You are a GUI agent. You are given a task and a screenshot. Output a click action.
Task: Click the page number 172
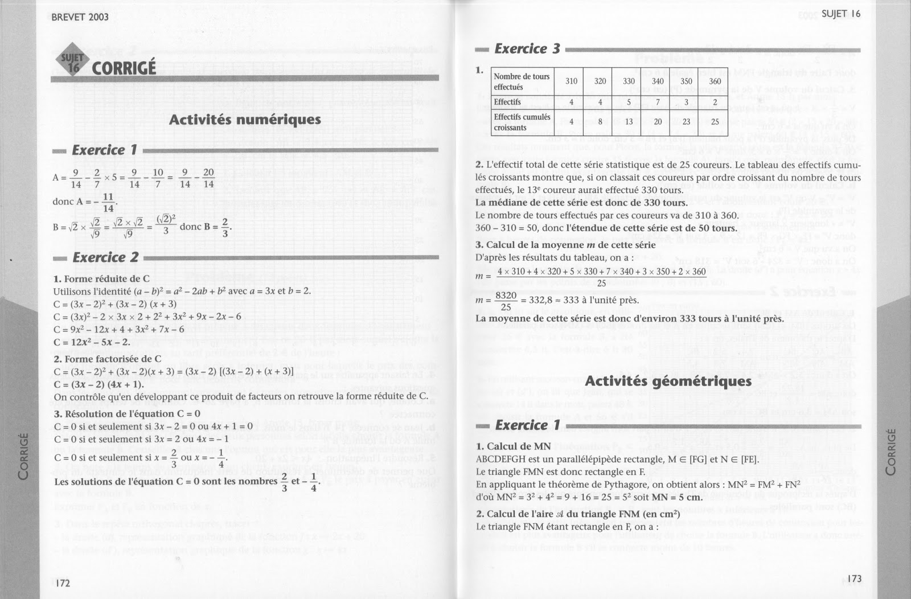(62, 583)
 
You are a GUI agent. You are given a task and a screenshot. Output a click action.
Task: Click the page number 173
(854, 579)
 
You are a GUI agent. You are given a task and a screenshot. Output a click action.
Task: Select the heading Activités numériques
(245, 120)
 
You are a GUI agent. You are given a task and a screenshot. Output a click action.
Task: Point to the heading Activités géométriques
(668, 381)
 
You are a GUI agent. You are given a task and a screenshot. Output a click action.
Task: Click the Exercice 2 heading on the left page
(105, 257)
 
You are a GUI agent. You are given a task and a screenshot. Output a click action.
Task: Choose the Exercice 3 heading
(527, 49)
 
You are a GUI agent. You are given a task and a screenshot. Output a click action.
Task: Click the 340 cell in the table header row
(658, 81)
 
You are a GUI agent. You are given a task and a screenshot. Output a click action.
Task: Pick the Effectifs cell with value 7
(658, 102)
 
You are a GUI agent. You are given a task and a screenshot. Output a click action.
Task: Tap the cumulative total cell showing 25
(715, 122)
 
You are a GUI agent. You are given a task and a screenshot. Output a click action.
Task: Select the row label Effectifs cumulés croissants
(522, 122)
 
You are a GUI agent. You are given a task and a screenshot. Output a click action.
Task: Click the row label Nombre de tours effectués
(522, 81)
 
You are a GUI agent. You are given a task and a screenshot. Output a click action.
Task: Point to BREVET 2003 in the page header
(80, 17)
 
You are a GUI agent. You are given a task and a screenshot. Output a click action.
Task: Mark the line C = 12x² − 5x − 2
(92, 342)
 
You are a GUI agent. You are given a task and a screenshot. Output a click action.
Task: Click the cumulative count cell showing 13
(629, 122)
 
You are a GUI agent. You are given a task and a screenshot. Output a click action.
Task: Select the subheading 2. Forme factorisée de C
(108, 359)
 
